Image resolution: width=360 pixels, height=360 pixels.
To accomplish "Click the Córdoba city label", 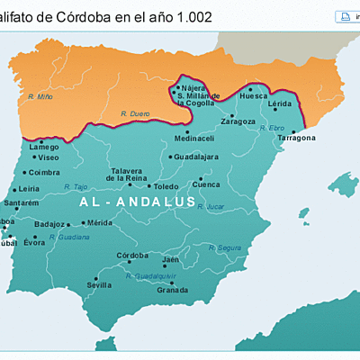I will [x=131, y=255].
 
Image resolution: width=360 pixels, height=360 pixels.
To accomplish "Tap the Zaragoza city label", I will [x=239, y=121].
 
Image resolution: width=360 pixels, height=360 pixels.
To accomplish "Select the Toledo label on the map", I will [x=166, y=186].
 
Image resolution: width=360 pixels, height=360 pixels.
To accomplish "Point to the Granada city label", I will [x=172, y=290].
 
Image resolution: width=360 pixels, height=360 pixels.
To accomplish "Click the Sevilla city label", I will [x=99, y=284].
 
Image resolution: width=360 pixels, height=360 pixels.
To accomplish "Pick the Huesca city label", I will [x=255, y=95].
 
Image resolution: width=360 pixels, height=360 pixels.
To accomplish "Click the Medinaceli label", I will [x=194, y=139].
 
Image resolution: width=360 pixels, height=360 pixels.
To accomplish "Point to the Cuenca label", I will [x=207, y=184].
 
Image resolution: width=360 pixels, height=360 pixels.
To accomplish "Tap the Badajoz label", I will [x=49, y=223].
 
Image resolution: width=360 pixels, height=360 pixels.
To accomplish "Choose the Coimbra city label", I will [x=44, y=172].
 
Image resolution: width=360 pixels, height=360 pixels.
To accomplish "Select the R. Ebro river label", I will [x=272, y=128].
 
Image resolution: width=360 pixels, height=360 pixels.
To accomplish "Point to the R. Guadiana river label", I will [x=70, y=237].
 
